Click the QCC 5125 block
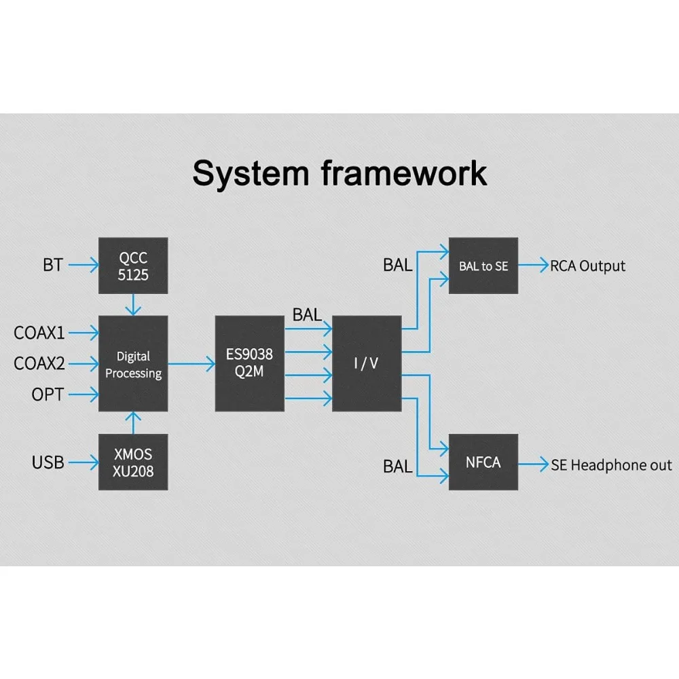133,265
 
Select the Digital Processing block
133,364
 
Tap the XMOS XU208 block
133,462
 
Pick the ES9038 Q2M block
249,364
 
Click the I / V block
366,364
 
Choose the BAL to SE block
483,265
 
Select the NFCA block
483,462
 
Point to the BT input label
53,265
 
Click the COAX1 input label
39,333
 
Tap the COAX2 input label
39,364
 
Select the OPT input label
48,394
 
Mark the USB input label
48,462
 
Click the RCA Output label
587,266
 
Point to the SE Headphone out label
611,465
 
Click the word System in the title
251,173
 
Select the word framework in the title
404,173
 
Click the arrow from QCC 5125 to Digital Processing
134,304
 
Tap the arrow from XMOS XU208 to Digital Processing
134,422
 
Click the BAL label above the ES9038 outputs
307,314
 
